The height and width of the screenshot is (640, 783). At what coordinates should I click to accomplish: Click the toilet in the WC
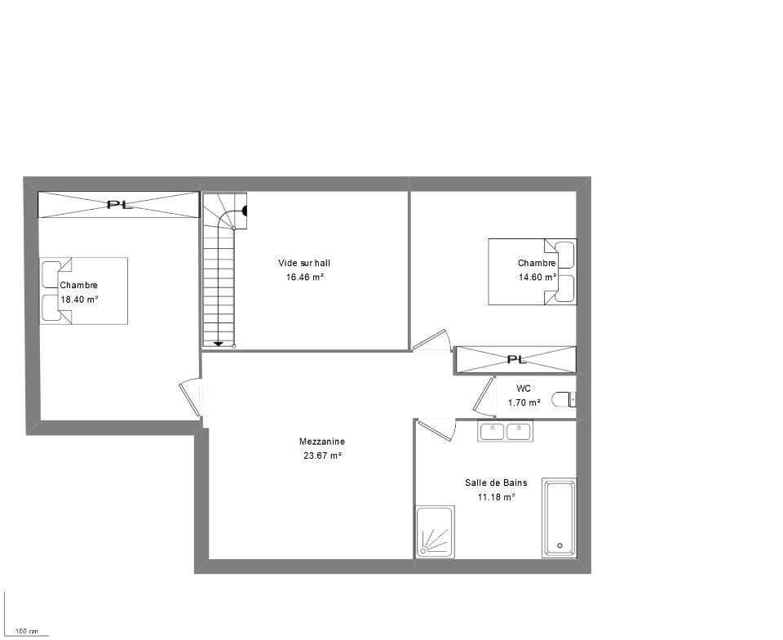tap(564, 399)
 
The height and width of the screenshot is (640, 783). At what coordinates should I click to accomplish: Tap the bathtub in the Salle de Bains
tap(560, 518)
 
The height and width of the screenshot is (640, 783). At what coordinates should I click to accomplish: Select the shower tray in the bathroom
tap(435, 531)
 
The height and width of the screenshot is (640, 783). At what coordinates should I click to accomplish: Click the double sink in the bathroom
tap(506, 431)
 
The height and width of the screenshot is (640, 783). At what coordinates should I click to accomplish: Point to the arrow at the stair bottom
tap(219, 344)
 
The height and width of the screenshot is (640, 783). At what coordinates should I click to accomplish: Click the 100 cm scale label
tap(27, 632)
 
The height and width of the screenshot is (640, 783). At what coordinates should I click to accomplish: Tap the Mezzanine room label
tap(322, 442)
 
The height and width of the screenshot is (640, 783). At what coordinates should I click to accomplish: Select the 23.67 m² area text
tap(323, 456)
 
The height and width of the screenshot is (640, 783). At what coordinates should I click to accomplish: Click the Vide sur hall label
tap(304, 263)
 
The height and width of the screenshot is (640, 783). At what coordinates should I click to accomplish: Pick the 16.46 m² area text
tap(304, 278)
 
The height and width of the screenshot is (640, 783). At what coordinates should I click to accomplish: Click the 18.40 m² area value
tap(79, 300)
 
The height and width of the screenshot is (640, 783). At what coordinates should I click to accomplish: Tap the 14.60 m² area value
tap(537, 278)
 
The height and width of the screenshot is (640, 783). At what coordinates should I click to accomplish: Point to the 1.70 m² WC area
tap(524, 402)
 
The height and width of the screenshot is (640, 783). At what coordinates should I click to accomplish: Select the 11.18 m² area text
tap(497, 497)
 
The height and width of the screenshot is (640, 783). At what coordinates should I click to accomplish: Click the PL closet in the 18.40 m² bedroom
tap(119, 204)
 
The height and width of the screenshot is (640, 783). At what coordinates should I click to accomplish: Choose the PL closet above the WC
tap(516, 360)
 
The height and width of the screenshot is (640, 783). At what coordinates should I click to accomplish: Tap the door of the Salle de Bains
tap(436, 429)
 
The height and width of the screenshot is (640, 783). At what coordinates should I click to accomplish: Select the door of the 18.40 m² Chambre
tap(190, 398)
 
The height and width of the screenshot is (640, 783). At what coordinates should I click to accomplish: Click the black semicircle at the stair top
tap(245, 211)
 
